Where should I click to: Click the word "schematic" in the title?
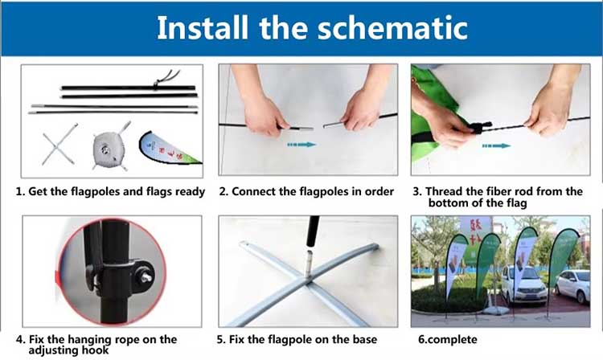pos(392,27)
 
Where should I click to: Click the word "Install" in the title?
pos(203,27)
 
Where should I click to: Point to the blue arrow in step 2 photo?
pos(301,145)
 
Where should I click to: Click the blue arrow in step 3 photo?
pos(496,146)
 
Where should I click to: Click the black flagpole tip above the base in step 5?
pos(313,231)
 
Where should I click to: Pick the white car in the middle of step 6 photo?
pos(523,284)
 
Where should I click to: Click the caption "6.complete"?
pos(448,340)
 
